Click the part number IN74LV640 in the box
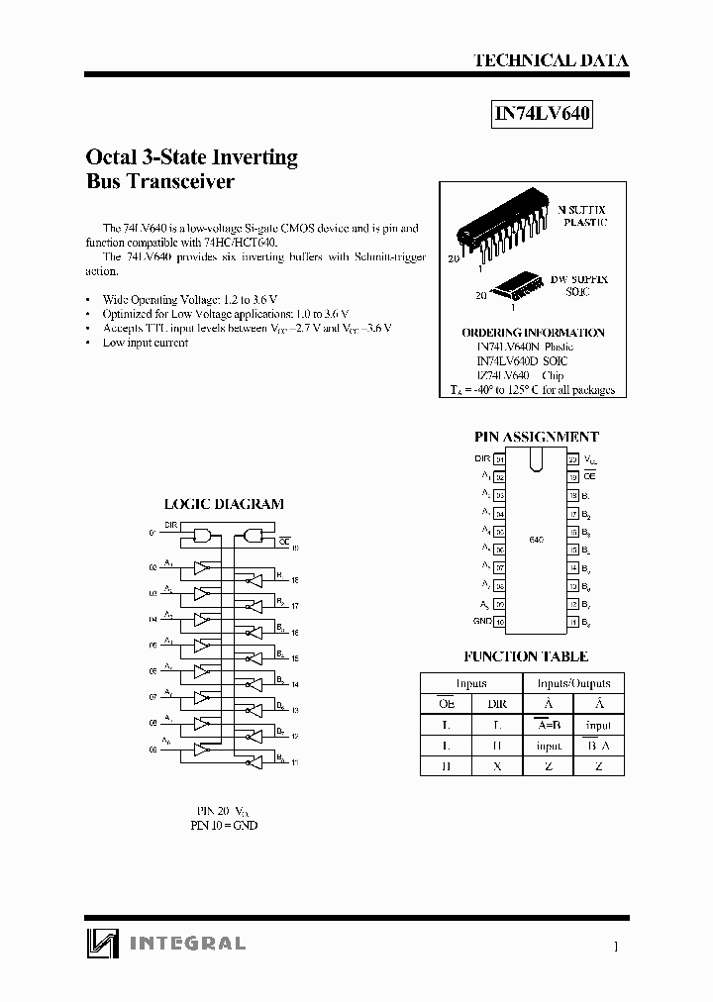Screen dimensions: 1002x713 [542, 114]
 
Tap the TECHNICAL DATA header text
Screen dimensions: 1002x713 [551, 60]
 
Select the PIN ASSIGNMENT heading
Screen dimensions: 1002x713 [537, 437]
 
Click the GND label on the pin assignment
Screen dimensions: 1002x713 [482, 621]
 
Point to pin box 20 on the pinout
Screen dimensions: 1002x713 [572, 459]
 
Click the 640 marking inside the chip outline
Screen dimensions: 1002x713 [536, 539]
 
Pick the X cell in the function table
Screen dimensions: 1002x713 [497, 765]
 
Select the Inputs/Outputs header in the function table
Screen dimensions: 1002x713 [573, 683]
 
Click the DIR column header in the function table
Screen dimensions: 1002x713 [497, 704]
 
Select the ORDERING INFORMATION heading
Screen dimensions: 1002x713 [533, 333]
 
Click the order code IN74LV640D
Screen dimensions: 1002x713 [508, 361]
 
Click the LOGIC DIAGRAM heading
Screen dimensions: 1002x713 [223, 504]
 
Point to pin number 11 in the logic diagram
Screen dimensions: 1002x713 [295, 762]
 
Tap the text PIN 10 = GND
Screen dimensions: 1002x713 [223, 825]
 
